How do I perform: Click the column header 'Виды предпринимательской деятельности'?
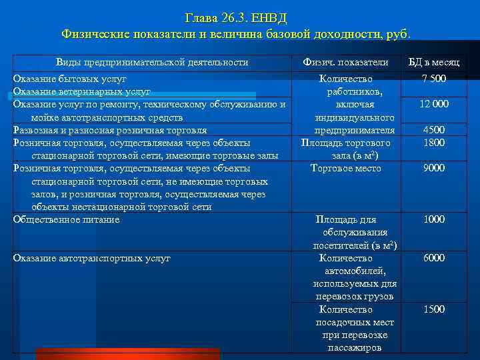[x=152, y=62]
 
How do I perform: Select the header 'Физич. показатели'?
[x=345, y=62]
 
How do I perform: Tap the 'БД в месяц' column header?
[x=434, y=62]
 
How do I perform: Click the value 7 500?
[x=434, y=79]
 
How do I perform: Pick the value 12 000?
[x=434, y=104]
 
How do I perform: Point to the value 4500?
[x=434, y=130]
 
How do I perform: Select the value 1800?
[x=434, y=143]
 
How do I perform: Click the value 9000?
[x=434, y=168]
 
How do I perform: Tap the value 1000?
[x=434, y=219]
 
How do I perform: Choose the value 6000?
[x=434, y=258]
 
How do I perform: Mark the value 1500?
[x=434, y=309]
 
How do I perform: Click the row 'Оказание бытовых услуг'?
[x=70, y=79]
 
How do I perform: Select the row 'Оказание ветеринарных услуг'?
[x=82, y=91]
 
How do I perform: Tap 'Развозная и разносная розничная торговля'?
[x=110, y=130]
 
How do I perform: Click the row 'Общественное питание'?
[x=67, y=219]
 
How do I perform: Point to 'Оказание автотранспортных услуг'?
[x=92, y=258]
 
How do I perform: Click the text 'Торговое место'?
[x=345, y=168]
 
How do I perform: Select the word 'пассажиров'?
[x=354, y=348]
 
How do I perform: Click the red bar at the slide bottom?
[x=127, y=353]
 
